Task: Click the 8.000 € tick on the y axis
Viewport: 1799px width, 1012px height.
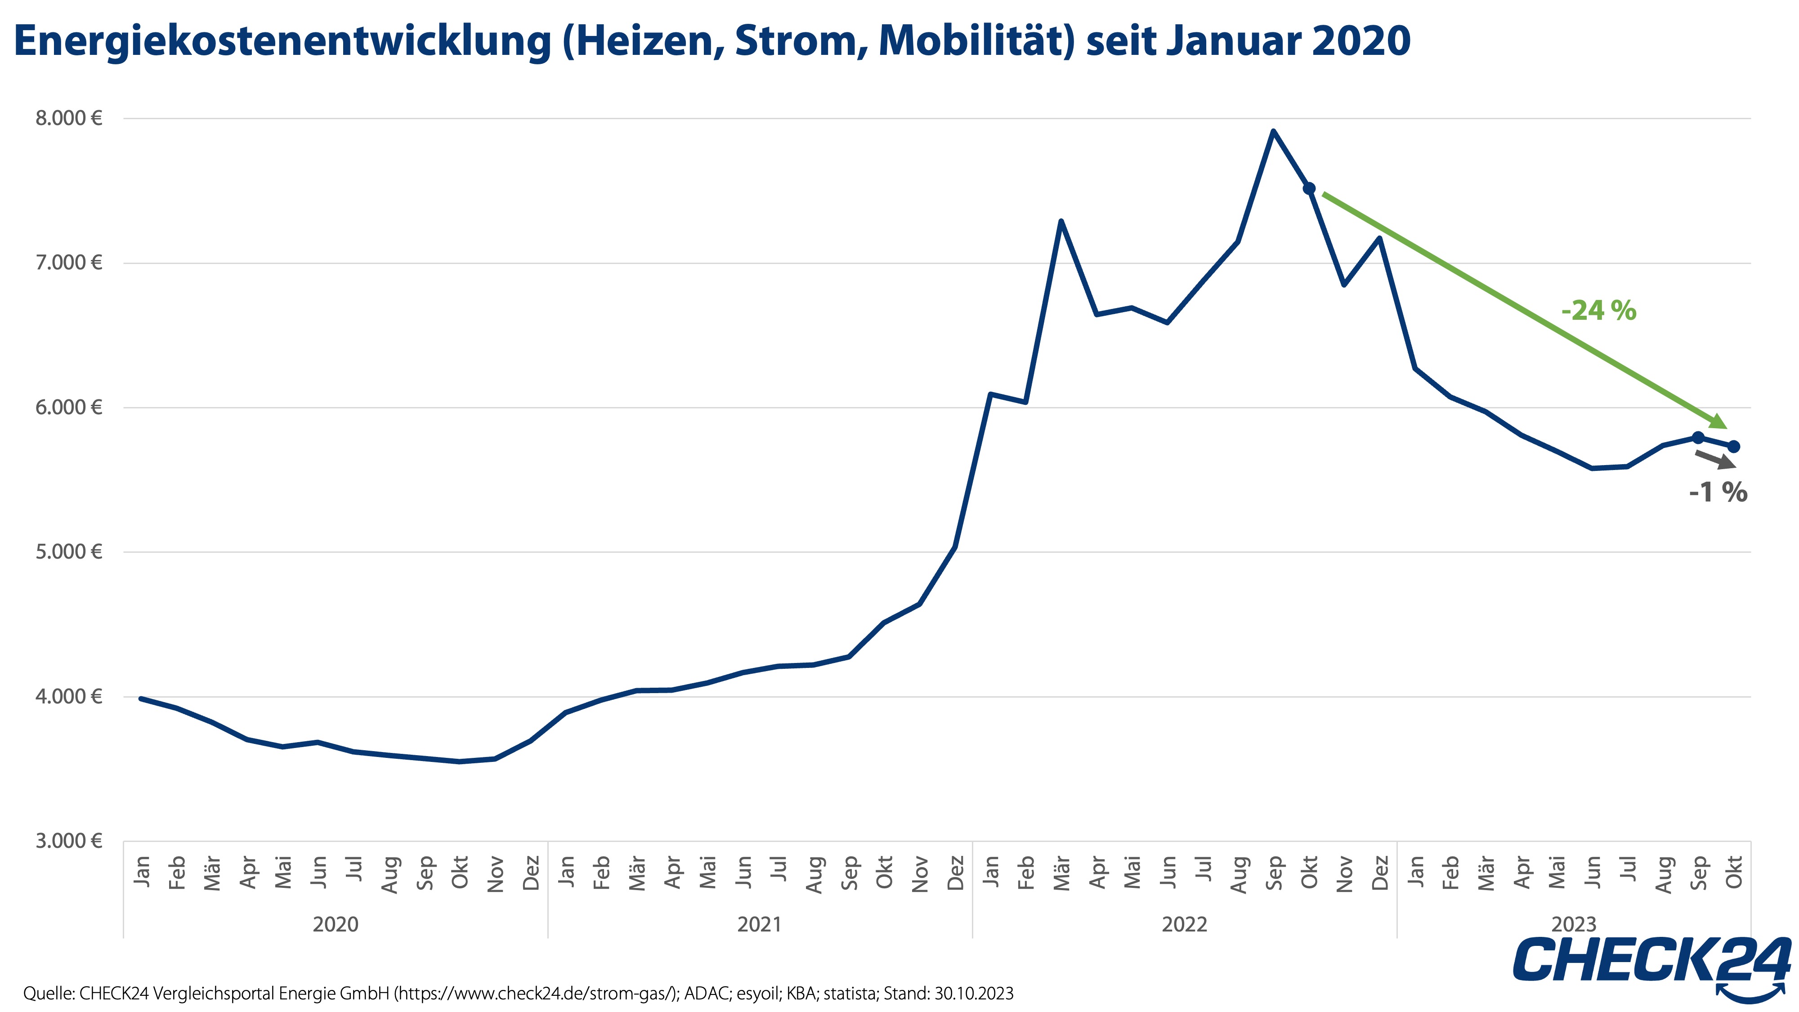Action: [68, 118]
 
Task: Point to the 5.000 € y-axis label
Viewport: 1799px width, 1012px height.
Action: [68, 552]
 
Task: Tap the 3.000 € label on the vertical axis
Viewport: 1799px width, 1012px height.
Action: [68, 840]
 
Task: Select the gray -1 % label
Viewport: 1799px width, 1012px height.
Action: [1717, 493]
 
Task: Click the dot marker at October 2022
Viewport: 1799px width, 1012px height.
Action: [1309, 188]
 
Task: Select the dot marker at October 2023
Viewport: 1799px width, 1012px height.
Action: [1733, 446]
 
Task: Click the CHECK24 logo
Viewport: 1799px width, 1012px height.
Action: [1651, 960]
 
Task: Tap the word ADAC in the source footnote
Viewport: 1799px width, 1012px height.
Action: [706, 993]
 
